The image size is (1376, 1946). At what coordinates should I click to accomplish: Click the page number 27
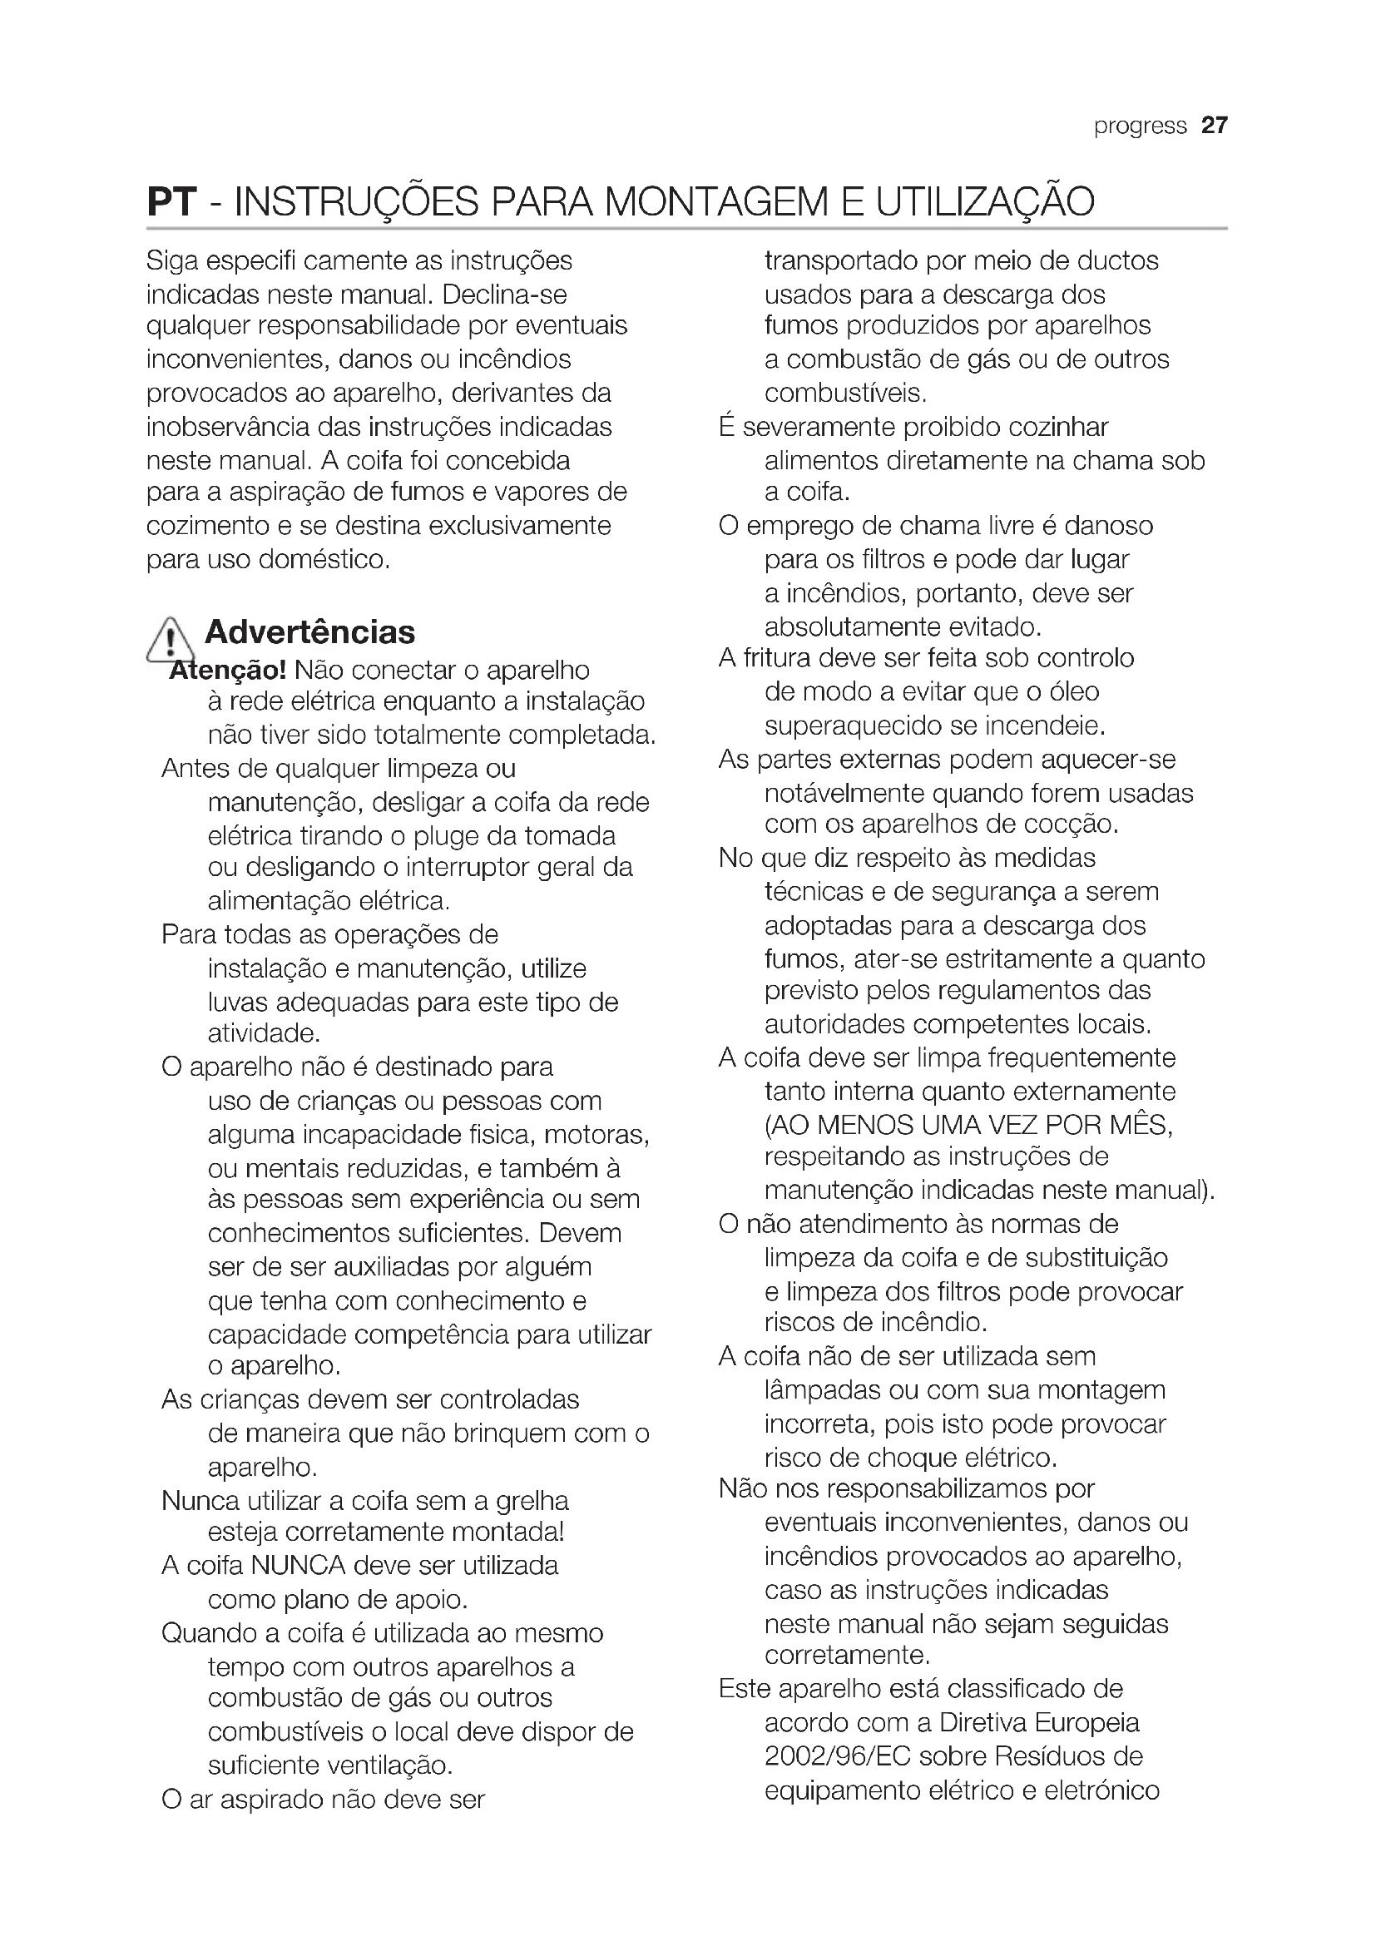[1214, 126]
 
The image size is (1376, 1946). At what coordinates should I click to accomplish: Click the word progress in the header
[1140, 126]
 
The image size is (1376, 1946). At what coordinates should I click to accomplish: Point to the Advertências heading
[310, 632]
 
